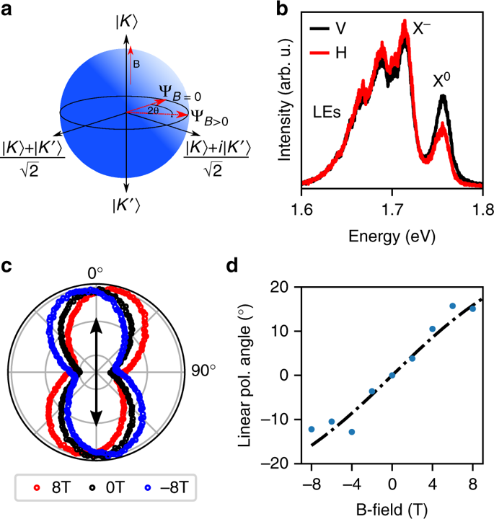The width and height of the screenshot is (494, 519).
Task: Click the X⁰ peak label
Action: [x=442, y=81]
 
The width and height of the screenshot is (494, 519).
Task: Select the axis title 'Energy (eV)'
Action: [x=391, y=235]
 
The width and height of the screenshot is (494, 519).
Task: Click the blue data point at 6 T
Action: [x=452, y=306]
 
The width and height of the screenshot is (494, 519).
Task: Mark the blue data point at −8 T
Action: [x=312, y=429]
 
